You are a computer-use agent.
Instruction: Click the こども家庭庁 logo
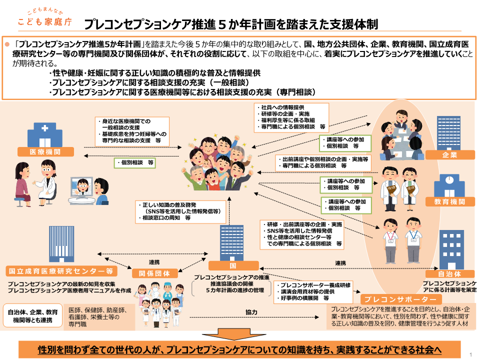pos(45,18)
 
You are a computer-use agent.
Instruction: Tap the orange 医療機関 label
pos(45,152)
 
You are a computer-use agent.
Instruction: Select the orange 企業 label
pos(449,155)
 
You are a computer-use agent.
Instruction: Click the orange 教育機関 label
pos(449,201)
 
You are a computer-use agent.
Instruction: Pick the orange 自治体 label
pos(449,273)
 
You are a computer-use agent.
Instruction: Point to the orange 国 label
pos(233,265)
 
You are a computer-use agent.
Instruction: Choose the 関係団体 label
pos(154,273)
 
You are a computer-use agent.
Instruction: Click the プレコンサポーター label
pos(401,299)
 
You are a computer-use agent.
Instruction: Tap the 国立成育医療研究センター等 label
pos(61,271)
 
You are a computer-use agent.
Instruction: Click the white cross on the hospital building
pos(44,128)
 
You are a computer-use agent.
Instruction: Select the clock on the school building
pos(449,179)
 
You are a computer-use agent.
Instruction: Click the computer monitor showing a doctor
pos(81,187)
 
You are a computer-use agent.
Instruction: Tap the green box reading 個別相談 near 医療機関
pos(134,162)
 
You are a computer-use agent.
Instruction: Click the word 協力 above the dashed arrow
pos(251,312)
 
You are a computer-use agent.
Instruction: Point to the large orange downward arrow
pos(233,334)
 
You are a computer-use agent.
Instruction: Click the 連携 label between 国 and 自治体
pos(340,263)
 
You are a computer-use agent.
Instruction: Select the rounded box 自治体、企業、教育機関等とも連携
pos(33,316)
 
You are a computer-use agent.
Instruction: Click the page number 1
pos(471,354)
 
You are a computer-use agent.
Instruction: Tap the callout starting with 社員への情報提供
pos(291,117)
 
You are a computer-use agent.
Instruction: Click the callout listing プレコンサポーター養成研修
pos(313,292)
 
